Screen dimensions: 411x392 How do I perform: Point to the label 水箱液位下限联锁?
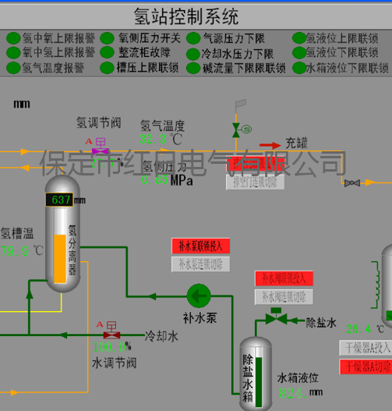click(x=347, y=68)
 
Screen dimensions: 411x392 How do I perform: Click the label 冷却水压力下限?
click(x=238, y=53)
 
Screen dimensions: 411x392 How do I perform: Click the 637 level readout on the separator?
click(x=61, y=200)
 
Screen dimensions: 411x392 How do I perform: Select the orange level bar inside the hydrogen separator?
click(x=60, y=258)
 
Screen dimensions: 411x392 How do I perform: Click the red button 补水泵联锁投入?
click(x=201, y=246)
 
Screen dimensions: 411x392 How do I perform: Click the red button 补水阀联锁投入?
click(x=284, y=278)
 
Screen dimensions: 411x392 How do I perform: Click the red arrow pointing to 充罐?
click(x=270, y=144)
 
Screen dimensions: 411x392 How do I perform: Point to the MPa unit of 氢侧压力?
click(x=182, y=180)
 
